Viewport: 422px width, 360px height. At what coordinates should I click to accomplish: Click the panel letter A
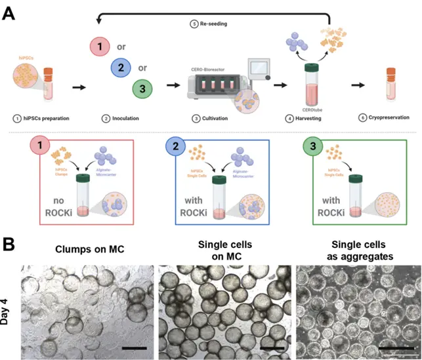click(9, 13)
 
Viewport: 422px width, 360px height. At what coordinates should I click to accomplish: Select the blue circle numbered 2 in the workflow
click(119, 68)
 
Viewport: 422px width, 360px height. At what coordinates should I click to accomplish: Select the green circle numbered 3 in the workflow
click(143, 88)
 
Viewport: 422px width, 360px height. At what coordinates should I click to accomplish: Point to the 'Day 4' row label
click(11, 307)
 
